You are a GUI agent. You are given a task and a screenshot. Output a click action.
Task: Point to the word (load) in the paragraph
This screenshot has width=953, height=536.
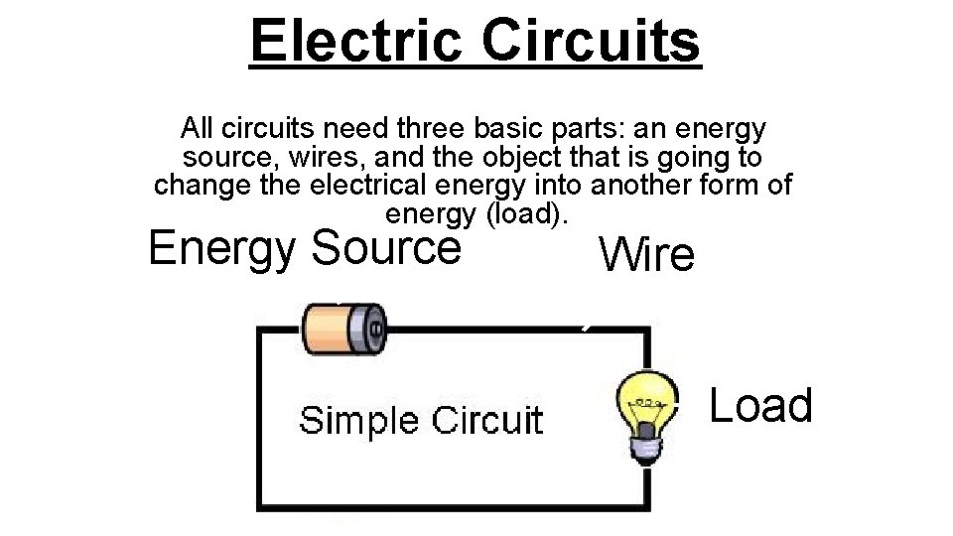(525, 213)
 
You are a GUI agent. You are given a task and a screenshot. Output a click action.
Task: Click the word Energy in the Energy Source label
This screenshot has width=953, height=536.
(223, 248)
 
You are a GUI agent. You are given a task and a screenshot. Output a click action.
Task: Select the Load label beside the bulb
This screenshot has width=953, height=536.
(761, 405)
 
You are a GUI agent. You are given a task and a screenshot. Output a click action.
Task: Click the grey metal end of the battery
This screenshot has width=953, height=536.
(372, 327)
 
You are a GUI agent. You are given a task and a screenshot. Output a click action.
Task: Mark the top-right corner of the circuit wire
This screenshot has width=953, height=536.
(649, 330)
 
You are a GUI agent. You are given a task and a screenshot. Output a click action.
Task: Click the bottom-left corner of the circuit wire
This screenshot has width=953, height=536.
(260, 508)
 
